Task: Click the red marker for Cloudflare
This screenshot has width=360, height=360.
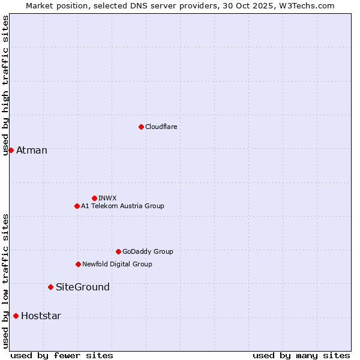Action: (x=141, y=127)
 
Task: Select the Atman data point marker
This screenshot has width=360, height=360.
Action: (x=11, y=150)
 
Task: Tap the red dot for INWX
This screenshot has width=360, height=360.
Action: (x=94, y=198)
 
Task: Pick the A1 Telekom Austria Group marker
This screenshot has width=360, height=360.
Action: (x=77, y=206)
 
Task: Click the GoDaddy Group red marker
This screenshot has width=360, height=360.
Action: (x=118, y=251)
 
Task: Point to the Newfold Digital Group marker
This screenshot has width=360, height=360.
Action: (x=78, y=264)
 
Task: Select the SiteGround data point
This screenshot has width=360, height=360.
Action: (x=50, y=287)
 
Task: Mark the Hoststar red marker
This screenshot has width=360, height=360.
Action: (x=16, y=316)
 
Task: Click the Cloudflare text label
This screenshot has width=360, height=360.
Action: (x=161, y=127)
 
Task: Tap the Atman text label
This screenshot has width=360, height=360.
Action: (x=32, y=150)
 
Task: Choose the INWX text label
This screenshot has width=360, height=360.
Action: (x=107, y=198)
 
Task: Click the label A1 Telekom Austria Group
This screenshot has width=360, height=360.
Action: (x=122, y=206)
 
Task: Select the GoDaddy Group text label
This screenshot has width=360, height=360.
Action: (x=148, y=251)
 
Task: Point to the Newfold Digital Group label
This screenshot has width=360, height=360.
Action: (x=117, y=264)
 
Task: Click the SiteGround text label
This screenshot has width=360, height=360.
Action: (x=83, y=287)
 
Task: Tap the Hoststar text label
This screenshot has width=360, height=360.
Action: (x=41, y=316)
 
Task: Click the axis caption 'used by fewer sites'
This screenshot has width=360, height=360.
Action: (x=62, y=355)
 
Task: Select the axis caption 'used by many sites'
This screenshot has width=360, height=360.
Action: (x=301, y=355)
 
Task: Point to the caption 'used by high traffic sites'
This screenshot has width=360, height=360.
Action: (x=5, y=85)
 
